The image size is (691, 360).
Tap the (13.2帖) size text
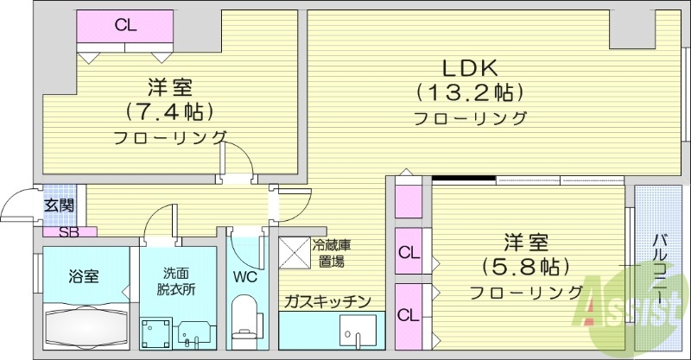471,92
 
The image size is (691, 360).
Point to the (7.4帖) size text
169,111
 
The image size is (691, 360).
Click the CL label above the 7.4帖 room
125,25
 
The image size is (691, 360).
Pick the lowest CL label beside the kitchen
408,314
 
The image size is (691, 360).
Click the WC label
244,277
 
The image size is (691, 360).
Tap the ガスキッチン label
327,301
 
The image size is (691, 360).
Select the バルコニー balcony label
661,268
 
